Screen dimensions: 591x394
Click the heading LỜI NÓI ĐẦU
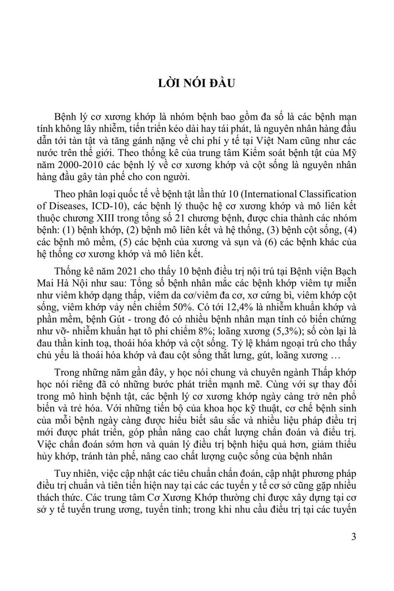tap(197, 85)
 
